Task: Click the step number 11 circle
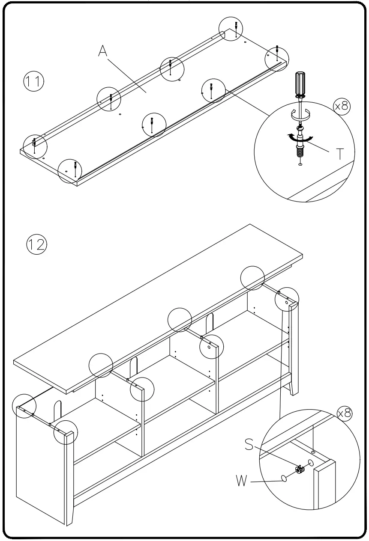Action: pyautogui.click(x=33, y=82)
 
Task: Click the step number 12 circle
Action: pyautogui.click(x=37, y=245)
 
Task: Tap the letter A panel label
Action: pyautogui.click(x=103, y=51)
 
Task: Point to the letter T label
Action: pyautogui.click(x=339, y=153)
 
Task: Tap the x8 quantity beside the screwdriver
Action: pyautogui.click(x=342, y=106)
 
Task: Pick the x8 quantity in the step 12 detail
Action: pyautogui.click(x=345, y=413)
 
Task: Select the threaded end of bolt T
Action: pyautogui.click(x=300, y=151)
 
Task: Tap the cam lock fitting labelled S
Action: pyautogui.click(x=300, y=470)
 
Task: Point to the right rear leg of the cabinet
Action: pyautogui.click(x=294, y=387)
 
